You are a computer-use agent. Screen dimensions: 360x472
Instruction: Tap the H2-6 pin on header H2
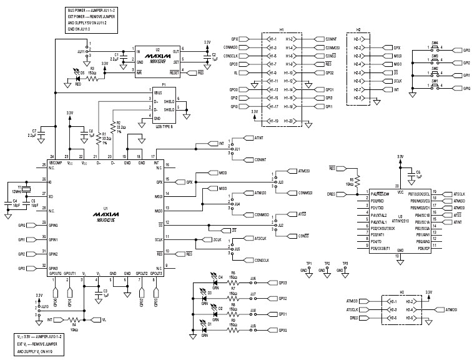point(358,81)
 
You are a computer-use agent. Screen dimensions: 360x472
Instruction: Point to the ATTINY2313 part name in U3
point(399,221)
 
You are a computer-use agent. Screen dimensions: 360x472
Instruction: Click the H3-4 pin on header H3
point(412,309)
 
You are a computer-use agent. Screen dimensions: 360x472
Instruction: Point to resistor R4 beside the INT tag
point(74,319)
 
